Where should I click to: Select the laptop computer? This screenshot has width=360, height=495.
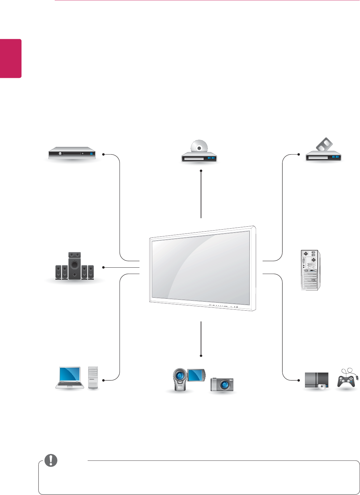[69, 377]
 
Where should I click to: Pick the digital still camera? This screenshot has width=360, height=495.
[222, 385]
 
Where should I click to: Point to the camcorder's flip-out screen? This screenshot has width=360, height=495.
[196, 375]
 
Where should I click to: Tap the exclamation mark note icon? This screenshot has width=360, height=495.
[51, 460]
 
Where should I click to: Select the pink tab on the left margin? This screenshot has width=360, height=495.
[11, 59]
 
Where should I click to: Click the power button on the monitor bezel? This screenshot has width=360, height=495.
[237, 306]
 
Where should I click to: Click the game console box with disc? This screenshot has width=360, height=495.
[316, 381]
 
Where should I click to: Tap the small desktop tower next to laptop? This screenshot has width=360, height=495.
[93, 377]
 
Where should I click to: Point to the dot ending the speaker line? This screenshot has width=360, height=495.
[103, 267]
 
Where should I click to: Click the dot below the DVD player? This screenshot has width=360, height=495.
[201, 171]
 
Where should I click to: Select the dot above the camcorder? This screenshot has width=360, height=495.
[201, 355]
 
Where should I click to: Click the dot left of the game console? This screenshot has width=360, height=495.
[298, 380]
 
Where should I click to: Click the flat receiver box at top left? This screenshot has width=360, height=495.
[72, 153]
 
